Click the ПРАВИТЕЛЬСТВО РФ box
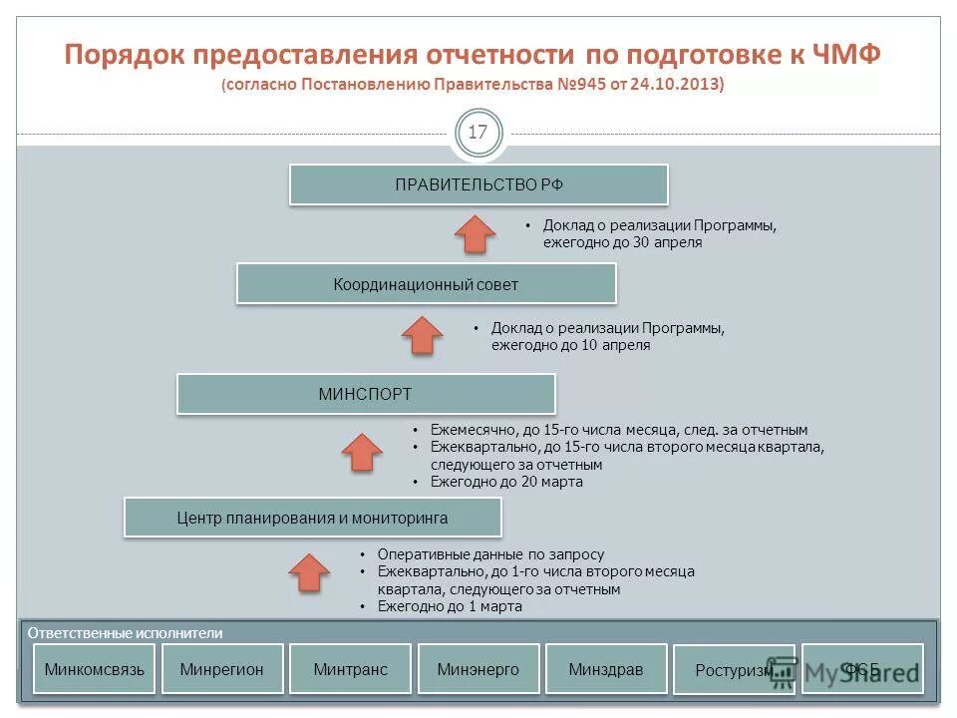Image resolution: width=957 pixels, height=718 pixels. click(x=478, y=184)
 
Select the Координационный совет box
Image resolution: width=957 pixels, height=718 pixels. click(x=426, y=284)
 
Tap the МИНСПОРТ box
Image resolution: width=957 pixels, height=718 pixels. click(x=365, y=394)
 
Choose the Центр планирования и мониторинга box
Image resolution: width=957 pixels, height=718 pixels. click(x=312, y=518)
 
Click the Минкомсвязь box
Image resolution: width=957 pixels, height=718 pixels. click(x=95, y=669)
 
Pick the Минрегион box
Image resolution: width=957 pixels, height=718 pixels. click(x=222, y=669)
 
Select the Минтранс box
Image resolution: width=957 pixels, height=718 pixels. click(x=350, y=669)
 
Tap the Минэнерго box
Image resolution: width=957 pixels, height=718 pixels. click(x=478, y=669)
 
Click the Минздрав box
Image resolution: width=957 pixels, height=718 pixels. click(x=606, y=669)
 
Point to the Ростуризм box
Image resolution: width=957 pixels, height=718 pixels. click(x=734, y=671)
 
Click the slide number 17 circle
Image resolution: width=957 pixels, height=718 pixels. click(x=478, y=133)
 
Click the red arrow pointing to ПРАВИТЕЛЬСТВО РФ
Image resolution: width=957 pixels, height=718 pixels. click(x=476, y=235)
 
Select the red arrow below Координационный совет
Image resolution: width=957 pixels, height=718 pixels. click(x=423, y=336)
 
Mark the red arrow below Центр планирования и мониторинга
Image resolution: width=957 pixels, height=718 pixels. click(x=309, y=572)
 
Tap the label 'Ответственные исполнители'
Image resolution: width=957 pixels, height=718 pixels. click(x=126, y=633)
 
